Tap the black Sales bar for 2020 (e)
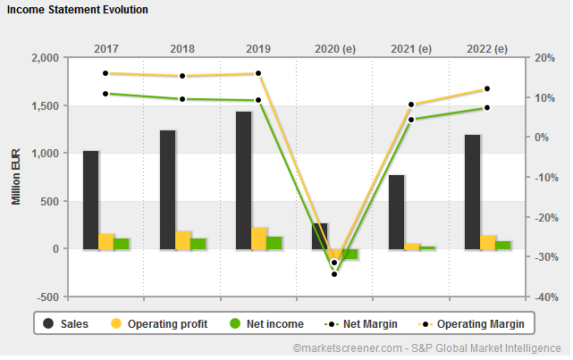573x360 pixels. pyautogui.click(x=319, y=236)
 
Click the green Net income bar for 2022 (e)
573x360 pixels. pyautogui.click(x=502, y=245)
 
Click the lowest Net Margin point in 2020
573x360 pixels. pyautogui.click(x=334, y=273)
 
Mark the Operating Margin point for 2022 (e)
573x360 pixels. pyautogui.click(x=487, y=88)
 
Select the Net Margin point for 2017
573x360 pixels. pyautogui.click(x=105, y=93)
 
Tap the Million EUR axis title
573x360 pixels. pyautogui.click(x=16, y=177)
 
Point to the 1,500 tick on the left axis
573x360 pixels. pyautogui.click(x=44, y=105)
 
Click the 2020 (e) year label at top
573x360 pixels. pyautogui.click(x=334, y=48)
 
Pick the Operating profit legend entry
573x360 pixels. pyautogui.click(x=157, y=323)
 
